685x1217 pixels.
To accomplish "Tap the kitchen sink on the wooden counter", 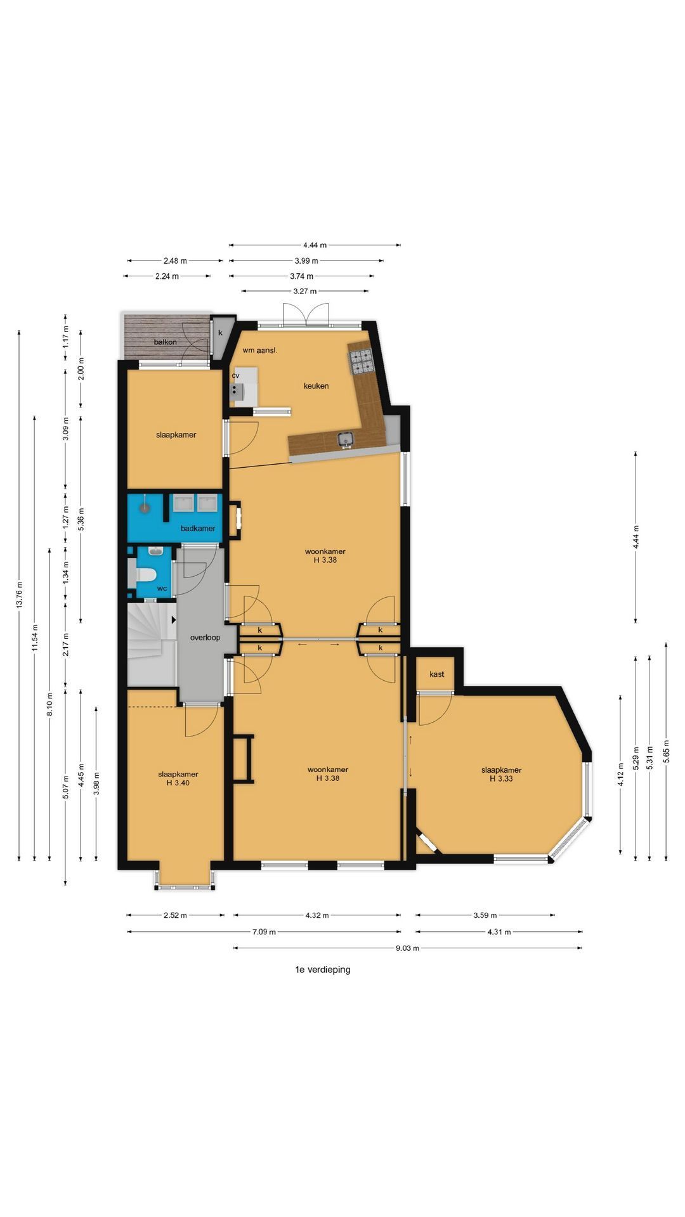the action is click(x=346, y=439).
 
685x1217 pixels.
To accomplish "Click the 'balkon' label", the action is click(x=165, y=342).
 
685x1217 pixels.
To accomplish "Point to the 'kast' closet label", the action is click(x=437, y=674).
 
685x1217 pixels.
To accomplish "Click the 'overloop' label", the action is click(x=205, y=637).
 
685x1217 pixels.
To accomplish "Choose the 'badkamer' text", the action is click(x=198, y=528).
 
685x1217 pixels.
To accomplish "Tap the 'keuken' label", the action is click(x=316, y=385).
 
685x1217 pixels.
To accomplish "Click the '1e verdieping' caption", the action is click(x=323, y=969).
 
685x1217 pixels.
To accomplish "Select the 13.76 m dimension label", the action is click(x=19, y=595).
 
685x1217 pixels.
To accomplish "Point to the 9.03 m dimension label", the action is click(x=407, y=948).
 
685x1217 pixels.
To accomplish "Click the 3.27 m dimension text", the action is click(x=305, y=292).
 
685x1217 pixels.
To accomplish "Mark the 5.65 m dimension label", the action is click(x=666, y=752).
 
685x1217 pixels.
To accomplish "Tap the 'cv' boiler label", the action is click(x=236, y=375).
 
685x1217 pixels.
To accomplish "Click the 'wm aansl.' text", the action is click(x=260, y=350).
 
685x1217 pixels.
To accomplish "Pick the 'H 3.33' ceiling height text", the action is click(x=501, y=778).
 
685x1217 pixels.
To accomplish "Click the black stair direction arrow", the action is click(x=173, y=621).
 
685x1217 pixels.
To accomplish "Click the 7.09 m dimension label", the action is click(x=264, y=932).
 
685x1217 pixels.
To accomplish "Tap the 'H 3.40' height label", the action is click(x=178, y=783).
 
